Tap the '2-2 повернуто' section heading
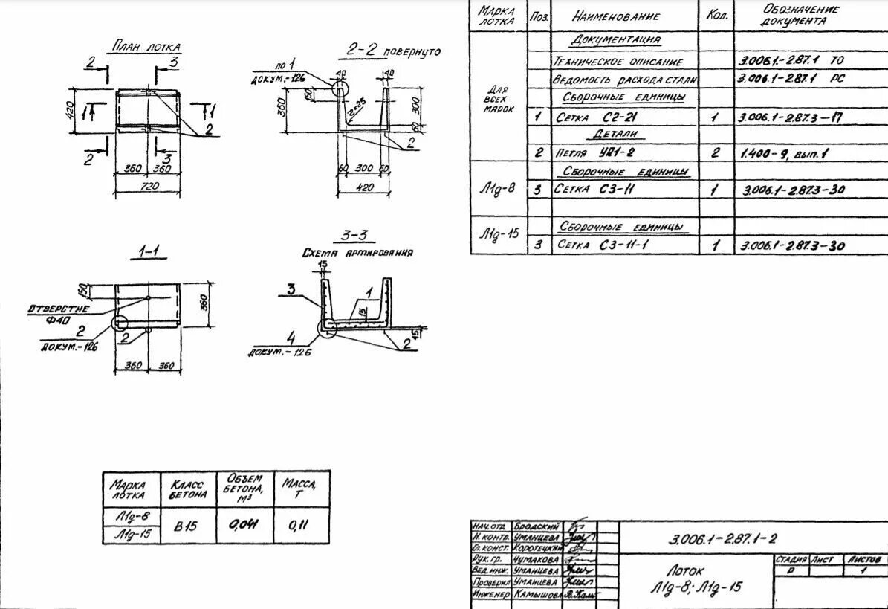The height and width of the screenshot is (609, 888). [x=393, y=51]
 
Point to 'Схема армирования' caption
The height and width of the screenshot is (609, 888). [x=357, y=253]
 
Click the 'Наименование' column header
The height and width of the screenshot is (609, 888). [x=615, y=16]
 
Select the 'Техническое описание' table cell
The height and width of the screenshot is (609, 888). [x=617, y=61]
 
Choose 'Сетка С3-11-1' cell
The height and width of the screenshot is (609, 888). [x=602, y=245]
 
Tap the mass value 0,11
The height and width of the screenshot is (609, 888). [x=299, y=525]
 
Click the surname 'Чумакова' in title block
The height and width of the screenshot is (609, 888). [x=535, y=558]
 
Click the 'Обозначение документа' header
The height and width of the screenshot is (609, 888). [x=800, y=16]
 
